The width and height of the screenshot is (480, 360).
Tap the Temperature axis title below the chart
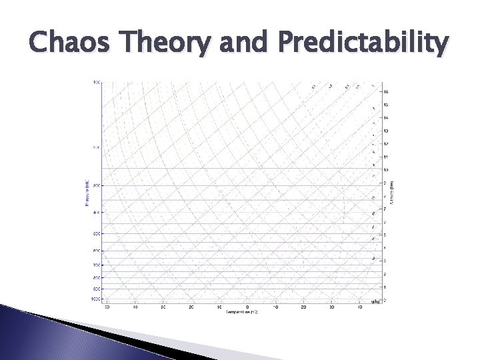point(241,312)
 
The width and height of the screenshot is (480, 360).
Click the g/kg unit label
point(376,301)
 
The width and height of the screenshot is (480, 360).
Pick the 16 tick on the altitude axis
point(385,91)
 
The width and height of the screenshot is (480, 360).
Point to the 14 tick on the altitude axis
point(385,117)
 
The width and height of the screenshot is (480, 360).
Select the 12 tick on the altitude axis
point(385,144)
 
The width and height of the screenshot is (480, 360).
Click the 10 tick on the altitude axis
point(385,170)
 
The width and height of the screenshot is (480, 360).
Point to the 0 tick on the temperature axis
point(247,307)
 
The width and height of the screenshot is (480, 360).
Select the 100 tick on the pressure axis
point(97,82)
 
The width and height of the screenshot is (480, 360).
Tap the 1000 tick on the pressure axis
point(95,299)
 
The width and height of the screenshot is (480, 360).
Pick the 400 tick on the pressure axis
point(96,213)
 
